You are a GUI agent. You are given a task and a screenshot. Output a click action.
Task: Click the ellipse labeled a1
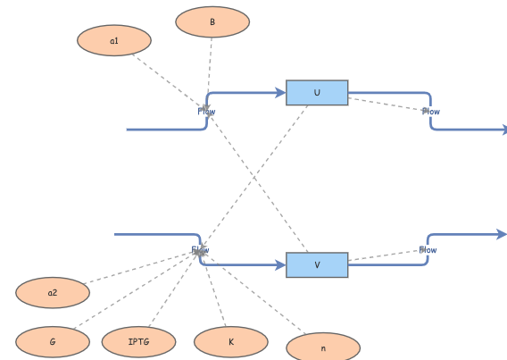coord(114,40)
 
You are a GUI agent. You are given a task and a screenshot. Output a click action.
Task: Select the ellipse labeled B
coord(212,22)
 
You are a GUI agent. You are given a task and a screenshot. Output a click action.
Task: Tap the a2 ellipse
coord(53,292)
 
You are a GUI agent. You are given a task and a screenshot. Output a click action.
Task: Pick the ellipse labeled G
coord(53,341)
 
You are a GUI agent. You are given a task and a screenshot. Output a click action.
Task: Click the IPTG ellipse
coord(138,341)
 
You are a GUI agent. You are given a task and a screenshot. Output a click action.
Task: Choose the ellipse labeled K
coord(231,341)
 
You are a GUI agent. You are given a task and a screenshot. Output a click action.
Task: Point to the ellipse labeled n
coord(323,347)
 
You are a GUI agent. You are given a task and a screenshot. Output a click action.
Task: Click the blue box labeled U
coord(317,93)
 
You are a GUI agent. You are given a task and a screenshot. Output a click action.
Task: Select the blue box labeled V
coord(317,265)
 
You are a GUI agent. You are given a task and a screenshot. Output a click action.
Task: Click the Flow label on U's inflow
coord(206,112)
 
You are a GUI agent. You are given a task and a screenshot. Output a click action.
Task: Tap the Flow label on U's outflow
coord(431,112)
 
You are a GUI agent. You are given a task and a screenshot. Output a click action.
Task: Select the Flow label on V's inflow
coord(200,251)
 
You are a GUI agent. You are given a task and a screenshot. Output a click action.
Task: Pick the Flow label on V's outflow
coord(428,250)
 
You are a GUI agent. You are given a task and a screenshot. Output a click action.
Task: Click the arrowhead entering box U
coord(280,92)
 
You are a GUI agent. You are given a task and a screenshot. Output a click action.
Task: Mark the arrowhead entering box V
coord(280,265)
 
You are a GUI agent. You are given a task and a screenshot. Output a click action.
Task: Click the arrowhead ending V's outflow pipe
coord(502,234)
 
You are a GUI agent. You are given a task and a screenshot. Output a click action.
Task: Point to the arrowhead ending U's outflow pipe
coord(503,130)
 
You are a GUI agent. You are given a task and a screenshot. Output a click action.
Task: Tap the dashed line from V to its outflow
coord(384,256)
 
